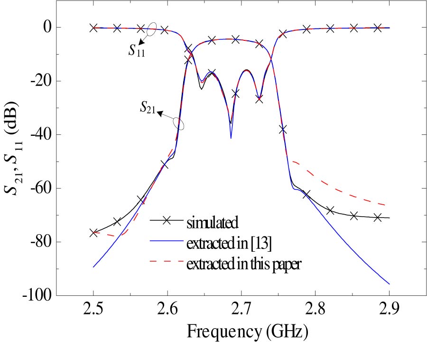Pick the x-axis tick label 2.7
coord(241,311)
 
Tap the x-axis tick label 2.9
coord(389,311)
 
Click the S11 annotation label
coord(137,51)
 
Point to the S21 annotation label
coord(149,108)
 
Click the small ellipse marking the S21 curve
coord(178,123)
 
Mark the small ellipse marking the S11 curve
coord(152,29)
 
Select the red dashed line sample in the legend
coord(167,262)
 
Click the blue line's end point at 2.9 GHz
coord(389,284)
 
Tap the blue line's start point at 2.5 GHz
coord(93,267)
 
